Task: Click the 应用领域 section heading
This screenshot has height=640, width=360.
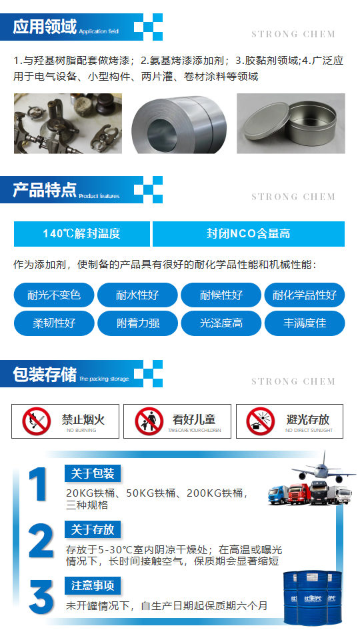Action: click(x=45, y=27)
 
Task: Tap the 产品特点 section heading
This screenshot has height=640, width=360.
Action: click(x=45, y=191)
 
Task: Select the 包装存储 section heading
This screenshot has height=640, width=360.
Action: click(x=45, y=374)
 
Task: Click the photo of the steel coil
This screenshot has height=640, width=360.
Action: click(x=179, y=123)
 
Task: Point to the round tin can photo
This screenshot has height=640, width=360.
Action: click(x=291, y=123)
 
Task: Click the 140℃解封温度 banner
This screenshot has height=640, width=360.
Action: click(x=81, y=234)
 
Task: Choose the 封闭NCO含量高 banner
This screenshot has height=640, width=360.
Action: click(x=248, y=234)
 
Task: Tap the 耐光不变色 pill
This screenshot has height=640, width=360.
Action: click(x=54, y=295)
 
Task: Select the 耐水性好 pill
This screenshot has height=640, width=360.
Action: click(x=137, y=295)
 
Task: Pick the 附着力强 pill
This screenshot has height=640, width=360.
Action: click(x=137, y=323)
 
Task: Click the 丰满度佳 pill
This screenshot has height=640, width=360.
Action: click(x=305, y=323)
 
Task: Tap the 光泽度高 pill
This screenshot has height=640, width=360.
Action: click(x=221, y=323)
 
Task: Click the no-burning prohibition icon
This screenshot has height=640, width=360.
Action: click(x=37, y=421)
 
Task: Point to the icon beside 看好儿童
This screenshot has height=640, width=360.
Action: click(x=149, y=421)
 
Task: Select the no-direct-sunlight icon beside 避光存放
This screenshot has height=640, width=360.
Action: click(x=261, y=421)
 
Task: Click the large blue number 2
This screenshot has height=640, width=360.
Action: click(x=41, y=541)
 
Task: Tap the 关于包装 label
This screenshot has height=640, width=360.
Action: click(x=93, y=474)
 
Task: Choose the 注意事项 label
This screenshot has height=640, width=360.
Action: click(x=93, y=586)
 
